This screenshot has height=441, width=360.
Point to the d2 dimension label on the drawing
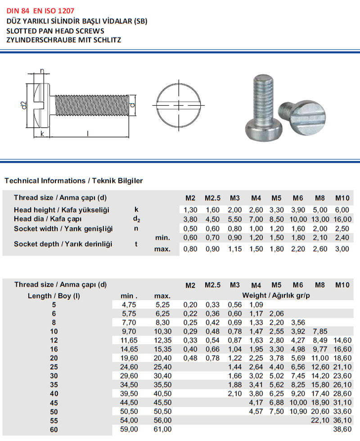(24, 106)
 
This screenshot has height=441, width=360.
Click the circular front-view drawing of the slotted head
(180, 105)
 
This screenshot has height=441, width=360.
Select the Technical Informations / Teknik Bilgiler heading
(73, 181)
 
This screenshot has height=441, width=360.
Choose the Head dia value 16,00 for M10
(343, 219)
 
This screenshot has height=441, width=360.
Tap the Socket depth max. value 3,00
(343, 249)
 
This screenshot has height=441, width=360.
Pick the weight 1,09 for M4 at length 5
(256, 304)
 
